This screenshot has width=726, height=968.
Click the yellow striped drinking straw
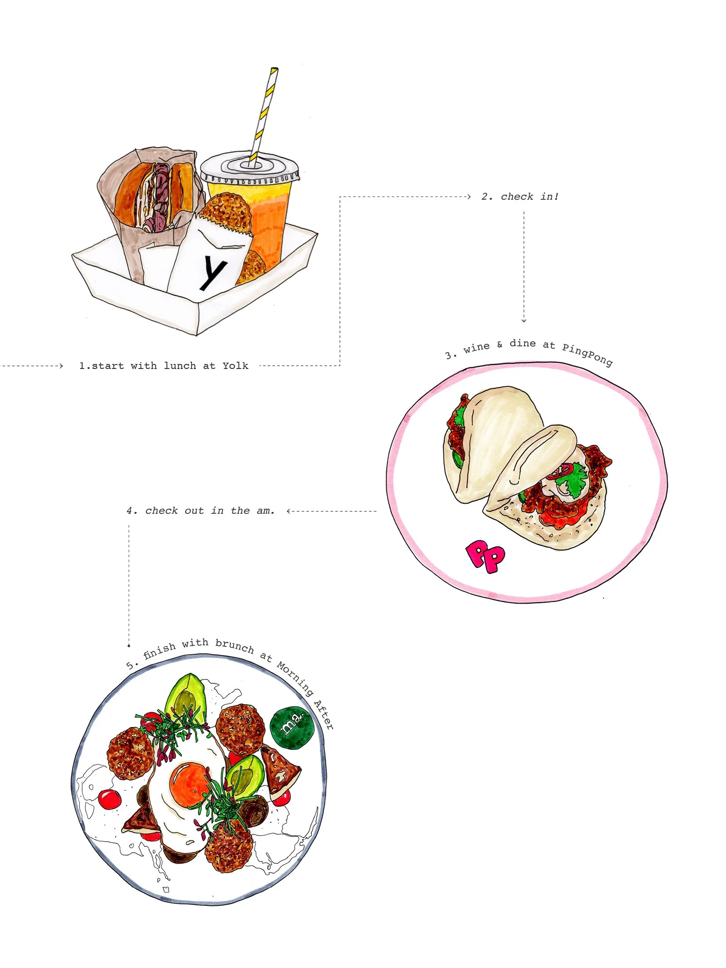(265, 113)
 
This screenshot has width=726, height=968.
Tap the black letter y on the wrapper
(212, 272)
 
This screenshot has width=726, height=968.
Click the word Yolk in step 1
(235, 366)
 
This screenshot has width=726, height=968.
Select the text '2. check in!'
(520, 197)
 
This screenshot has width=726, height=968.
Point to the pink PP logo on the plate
(485, 556)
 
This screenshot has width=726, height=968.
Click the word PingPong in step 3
(587, 354)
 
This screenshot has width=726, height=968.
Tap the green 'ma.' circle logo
(292, 727)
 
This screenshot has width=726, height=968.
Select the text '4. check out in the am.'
(201, 511)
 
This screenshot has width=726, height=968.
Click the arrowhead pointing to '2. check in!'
(469, 197)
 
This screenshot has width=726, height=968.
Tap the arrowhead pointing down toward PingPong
(524, 320)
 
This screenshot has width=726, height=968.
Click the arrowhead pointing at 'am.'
(289, 511)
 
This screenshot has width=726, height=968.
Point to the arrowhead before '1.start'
(61, 366)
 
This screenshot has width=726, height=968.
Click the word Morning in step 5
(295, 678)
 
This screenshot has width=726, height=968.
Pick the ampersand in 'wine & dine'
(500, 345)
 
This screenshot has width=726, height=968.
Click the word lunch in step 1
(180, 366)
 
